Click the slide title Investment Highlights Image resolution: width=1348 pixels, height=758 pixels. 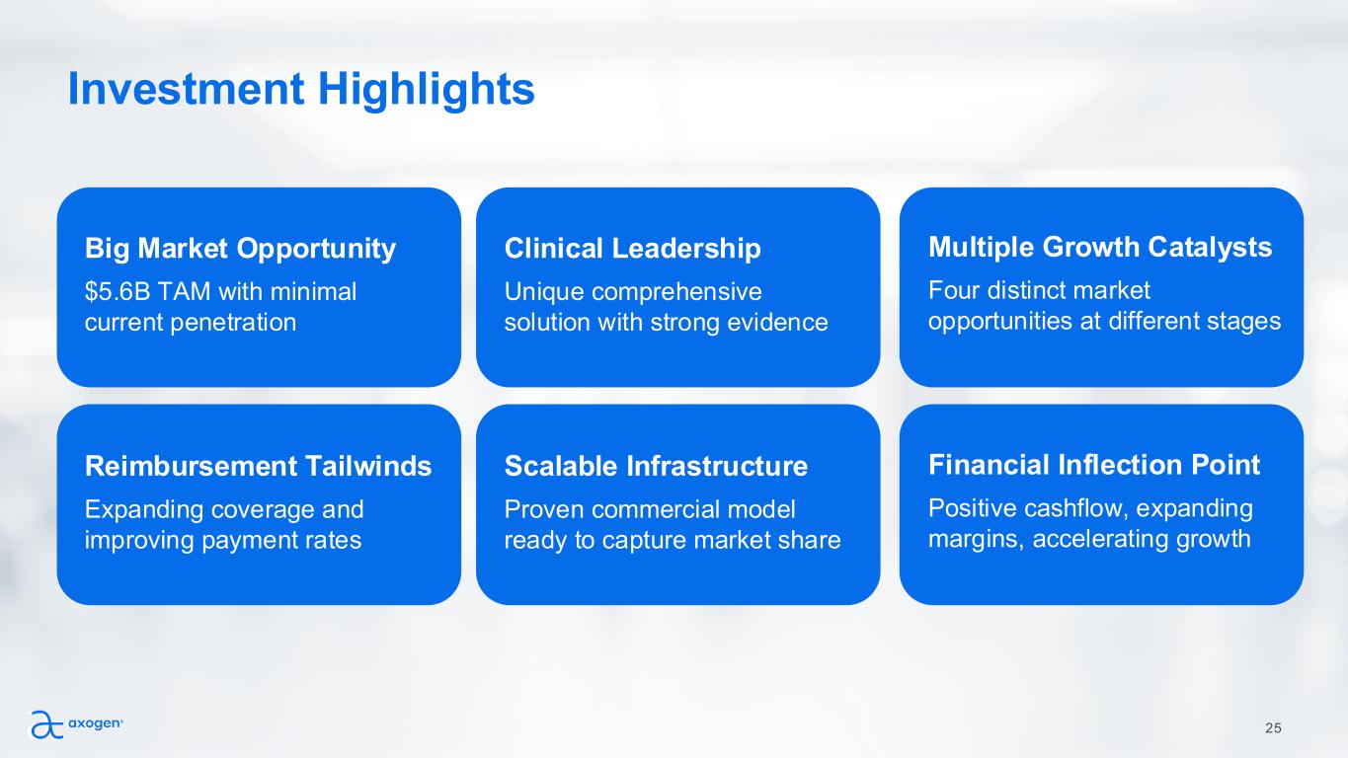point(301,90)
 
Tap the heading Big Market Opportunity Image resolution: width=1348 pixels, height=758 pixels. point(240,249)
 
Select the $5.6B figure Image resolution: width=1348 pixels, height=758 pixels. point(118,292)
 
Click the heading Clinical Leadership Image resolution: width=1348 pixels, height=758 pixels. point(632,249)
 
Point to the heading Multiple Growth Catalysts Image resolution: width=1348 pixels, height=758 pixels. point(1100,248)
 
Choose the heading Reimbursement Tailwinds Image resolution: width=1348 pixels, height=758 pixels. point(258,466)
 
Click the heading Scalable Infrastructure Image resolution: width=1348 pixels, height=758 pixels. point(656,466)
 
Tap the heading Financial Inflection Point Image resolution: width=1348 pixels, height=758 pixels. point(1094,465)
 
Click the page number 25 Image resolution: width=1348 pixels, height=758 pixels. point(1273,728)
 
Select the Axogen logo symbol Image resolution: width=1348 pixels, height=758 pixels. point(46,724)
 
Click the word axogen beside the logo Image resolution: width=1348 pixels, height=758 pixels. point(95,723)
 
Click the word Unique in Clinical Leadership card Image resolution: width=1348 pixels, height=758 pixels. point(543,292)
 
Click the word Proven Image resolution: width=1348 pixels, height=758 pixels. point(544,509)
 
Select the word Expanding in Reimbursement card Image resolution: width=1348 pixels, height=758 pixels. point(144,510)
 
